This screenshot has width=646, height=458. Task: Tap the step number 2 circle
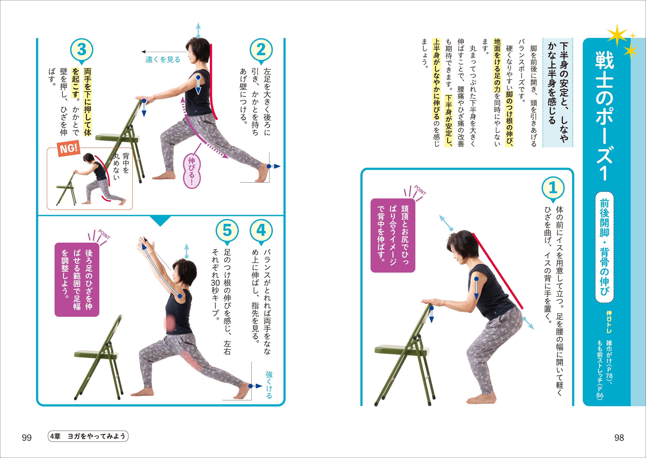pyautogui.click(x=261, y=50)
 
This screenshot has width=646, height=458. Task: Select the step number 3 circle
pyautogui.click(x=81, y=50)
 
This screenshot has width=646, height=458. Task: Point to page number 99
pyautogui.click(x=27, y=438)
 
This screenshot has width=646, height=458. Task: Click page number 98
pyautogui.click(x=619, y=438)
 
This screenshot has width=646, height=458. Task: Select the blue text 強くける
pyautogui.click(x=269, y=385)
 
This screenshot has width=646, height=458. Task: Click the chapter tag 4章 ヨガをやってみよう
pyautogui.click(x=88, y=436)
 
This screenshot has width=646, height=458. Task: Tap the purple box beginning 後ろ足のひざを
pyautogui.click(x=77, y=279)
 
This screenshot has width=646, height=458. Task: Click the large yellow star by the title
pyautogui.click(x=617, y=35)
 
